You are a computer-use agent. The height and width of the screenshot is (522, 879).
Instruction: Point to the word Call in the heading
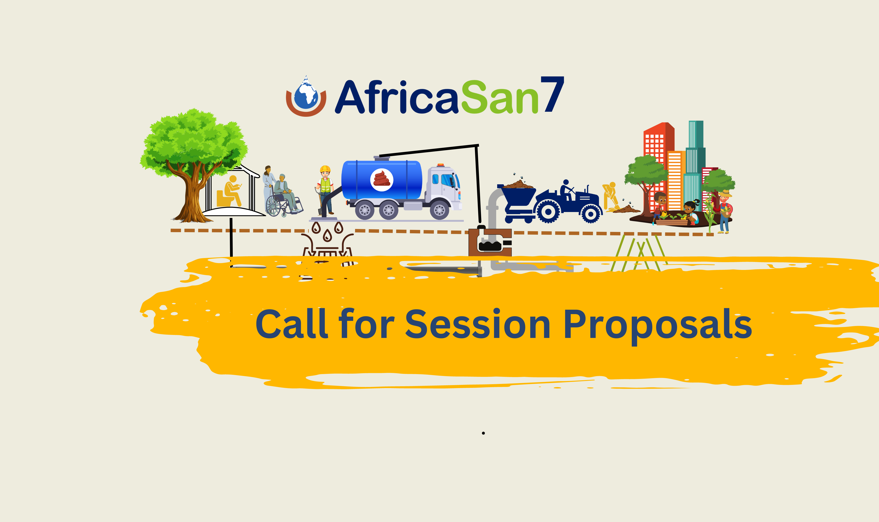point(292,323)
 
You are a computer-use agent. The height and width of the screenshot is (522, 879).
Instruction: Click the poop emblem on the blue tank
point(382,180)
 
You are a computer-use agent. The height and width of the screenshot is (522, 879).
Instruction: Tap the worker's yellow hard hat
point(325,169)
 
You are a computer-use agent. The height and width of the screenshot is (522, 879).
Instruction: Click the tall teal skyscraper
point(695,165)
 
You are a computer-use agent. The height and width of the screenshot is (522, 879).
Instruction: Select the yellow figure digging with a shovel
point(610,196)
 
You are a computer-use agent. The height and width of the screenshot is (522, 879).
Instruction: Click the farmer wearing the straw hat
point(724,211)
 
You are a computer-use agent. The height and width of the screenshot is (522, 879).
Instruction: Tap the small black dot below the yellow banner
point(483,433)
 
